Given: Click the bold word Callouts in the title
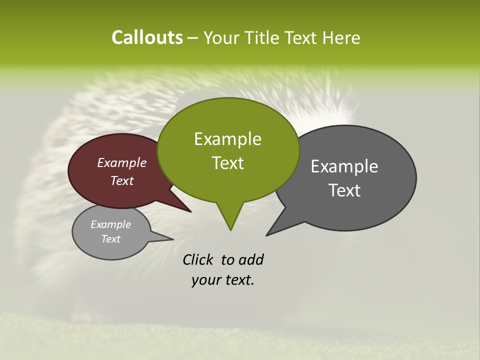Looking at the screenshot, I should [147, 37].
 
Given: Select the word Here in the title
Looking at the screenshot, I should [341, 38].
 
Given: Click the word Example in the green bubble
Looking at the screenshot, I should [227, 139].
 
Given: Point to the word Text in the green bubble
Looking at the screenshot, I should [227, 163].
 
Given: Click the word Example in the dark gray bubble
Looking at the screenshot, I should [344, 166].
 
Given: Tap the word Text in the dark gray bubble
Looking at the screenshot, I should [345, 190].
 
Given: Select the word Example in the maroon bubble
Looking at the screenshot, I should [122, 163].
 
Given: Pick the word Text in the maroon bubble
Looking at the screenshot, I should [122, 181].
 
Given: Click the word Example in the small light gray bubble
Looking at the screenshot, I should [111, 225].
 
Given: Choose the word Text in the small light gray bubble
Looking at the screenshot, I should [111, 239].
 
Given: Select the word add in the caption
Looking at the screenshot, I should [251, 260].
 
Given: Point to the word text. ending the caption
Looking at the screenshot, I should [237, 280].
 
